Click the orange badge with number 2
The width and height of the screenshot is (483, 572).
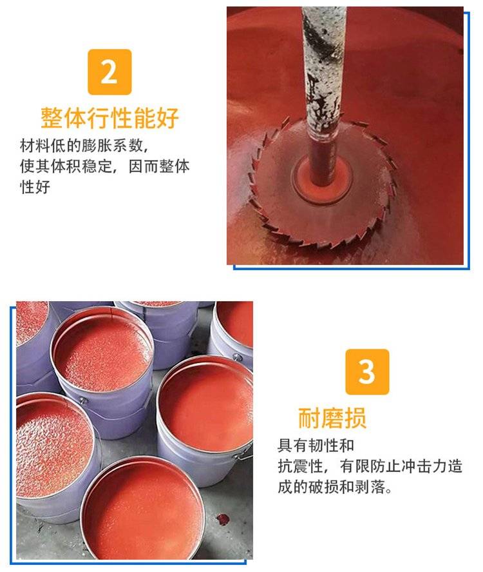tap(109, 72)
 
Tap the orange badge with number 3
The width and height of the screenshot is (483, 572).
tap(367, 371)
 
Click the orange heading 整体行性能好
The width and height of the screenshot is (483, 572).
tap(109, 118)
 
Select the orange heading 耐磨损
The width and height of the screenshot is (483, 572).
tap(332, 418)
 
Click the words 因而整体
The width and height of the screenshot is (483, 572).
tap(159, 166)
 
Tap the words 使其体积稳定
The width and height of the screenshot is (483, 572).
tap(66, 166)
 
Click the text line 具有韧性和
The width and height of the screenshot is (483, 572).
tap(316, 445)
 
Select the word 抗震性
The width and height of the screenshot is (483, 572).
tap(301, 466)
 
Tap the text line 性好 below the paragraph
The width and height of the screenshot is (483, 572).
tap(35, 187)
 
